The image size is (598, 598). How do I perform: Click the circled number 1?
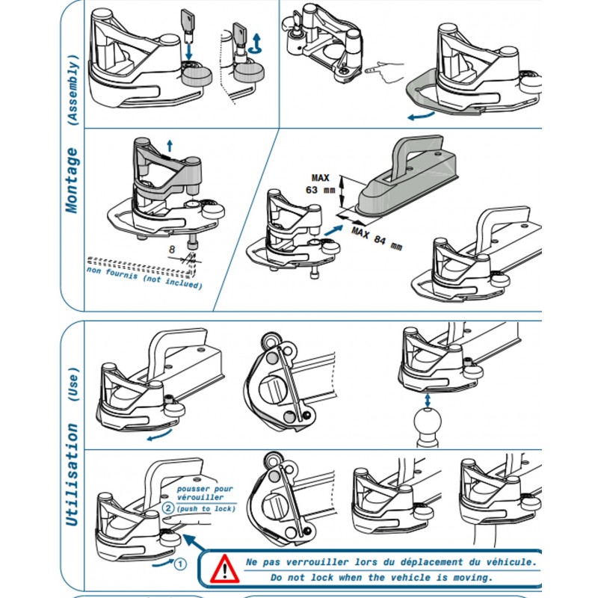tap(179, 564)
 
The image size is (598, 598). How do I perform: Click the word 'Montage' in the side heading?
tap(72, 180)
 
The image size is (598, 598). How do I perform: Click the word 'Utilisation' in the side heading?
tap(72, 475)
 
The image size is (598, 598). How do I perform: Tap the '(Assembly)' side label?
tap(72, 87)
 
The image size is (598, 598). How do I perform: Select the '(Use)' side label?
tap(72, 386)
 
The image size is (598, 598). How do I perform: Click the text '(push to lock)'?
tap(206, 509)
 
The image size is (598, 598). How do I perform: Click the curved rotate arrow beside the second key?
tap(257, 43)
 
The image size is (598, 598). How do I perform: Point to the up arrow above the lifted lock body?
tap(170, 147)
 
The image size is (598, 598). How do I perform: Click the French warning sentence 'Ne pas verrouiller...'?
tap(390, 561)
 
